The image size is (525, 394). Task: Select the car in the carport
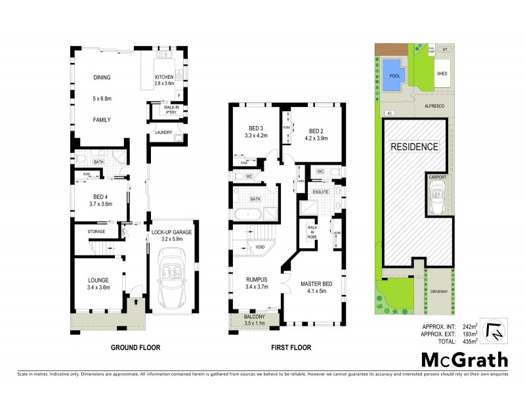coord(437,196)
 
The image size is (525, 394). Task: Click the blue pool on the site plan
coord(394,72)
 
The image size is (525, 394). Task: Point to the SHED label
coord(442,74)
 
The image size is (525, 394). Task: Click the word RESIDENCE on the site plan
coord(414,146)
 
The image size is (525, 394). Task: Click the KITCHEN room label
coord(164,77)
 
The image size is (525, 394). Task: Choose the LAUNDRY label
coord(163,133)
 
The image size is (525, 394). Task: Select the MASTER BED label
coord(314,284)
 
